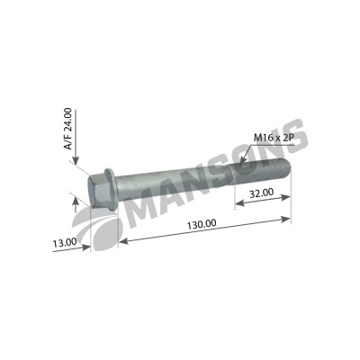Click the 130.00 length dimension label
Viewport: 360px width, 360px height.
pos(202,224)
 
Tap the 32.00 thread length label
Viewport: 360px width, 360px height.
pos(262,193)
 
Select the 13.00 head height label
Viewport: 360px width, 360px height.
pos(65,243)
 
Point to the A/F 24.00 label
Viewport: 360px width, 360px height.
pos(68,129)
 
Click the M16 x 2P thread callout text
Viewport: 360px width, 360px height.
pos(274,138)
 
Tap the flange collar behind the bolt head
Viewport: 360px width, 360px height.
pos(111,189)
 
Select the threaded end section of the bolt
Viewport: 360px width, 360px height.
pos(262,171)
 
